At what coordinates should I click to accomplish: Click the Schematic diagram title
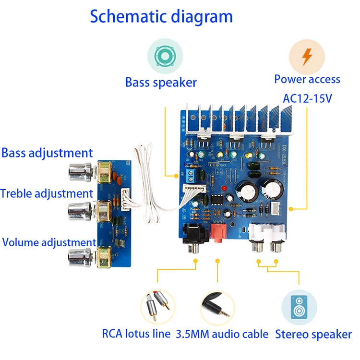[x=161, y=16]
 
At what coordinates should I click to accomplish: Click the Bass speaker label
[x=161, y=83]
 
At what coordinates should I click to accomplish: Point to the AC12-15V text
[x=308, y=98]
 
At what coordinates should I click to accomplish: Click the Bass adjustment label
[x=47, y=154]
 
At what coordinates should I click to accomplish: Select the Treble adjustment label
[x=46, y=194]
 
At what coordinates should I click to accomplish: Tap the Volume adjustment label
[x=49, y=242]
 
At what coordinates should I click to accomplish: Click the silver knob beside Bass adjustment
[x=80, y=170]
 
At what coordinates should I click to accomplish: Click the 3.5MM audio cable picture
[x=217, y=307]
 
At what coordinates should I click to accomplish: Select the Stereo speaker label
[x=313, y=335]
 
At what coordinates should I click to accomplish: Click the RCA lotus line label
[x=136, y=334]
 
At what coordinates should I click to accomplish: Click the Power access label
[x=307, y=80]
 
